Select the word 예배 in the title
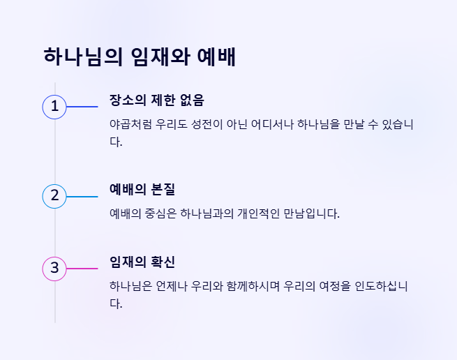pos(217,57)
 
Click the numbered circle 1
pos(54,107)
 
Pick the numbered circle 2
pos(54,196)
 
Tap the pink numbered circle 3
pos(54,268)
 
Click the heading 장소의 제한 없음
pos(156,100)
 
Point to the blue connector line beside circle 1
pos(82,107)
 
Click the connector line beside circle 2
pos(82,196)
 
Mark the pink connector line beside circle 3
pos(82,268)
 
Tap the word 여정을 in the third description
pos(338,286)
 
